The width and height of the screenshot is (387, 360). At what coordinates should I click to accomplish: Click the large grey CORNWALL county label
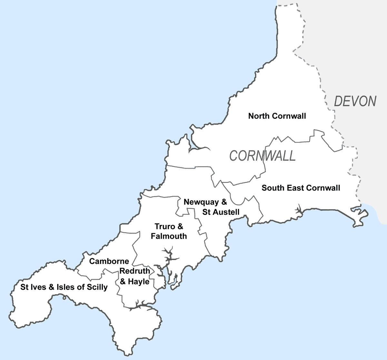coord(262,156)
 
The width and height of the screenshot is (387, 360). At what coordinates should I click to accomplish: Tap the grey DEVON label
coord(355,101)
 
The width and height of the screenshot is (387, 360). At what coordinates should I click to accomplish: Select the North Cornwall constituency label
coord(277,116)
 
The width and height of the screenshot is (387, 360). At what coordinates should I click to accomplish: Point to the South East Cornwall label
coord(301,188)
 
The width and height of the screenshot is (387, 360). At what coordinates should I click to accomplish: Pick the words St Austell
coord(221,212)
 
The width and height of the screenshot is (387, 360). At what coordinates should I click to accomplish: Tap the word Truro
coord(164,226)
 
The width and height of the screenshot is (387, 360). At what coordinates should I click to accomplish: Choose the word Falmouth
coord(169,236)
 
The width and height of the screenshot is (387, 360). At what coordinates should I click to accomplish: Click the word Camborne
coord(109,261)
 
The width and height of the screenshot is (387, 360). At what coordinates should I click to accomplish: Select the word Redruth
coord(135,271)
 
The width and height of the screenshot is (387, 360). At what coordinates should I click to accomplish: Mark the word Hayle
coord(139,282)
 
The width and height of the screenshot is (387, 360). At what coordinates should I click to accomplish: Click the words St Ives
coord(33,287)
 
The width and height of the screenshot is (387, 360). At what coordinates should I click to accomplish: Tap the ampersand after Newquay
coord(224,202)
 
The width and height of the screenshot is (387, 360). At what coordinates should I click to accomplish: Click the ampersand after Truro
coord(180,226)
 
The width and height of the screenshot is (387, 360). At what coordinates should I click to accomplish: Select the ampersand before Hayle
coord(123,282)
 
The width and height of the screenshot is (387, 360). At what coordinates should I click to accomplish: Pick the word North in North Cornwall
coord(259,116)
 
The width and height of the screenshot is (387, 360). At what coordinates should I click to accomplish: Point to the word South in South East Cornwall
coord(273,188)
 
